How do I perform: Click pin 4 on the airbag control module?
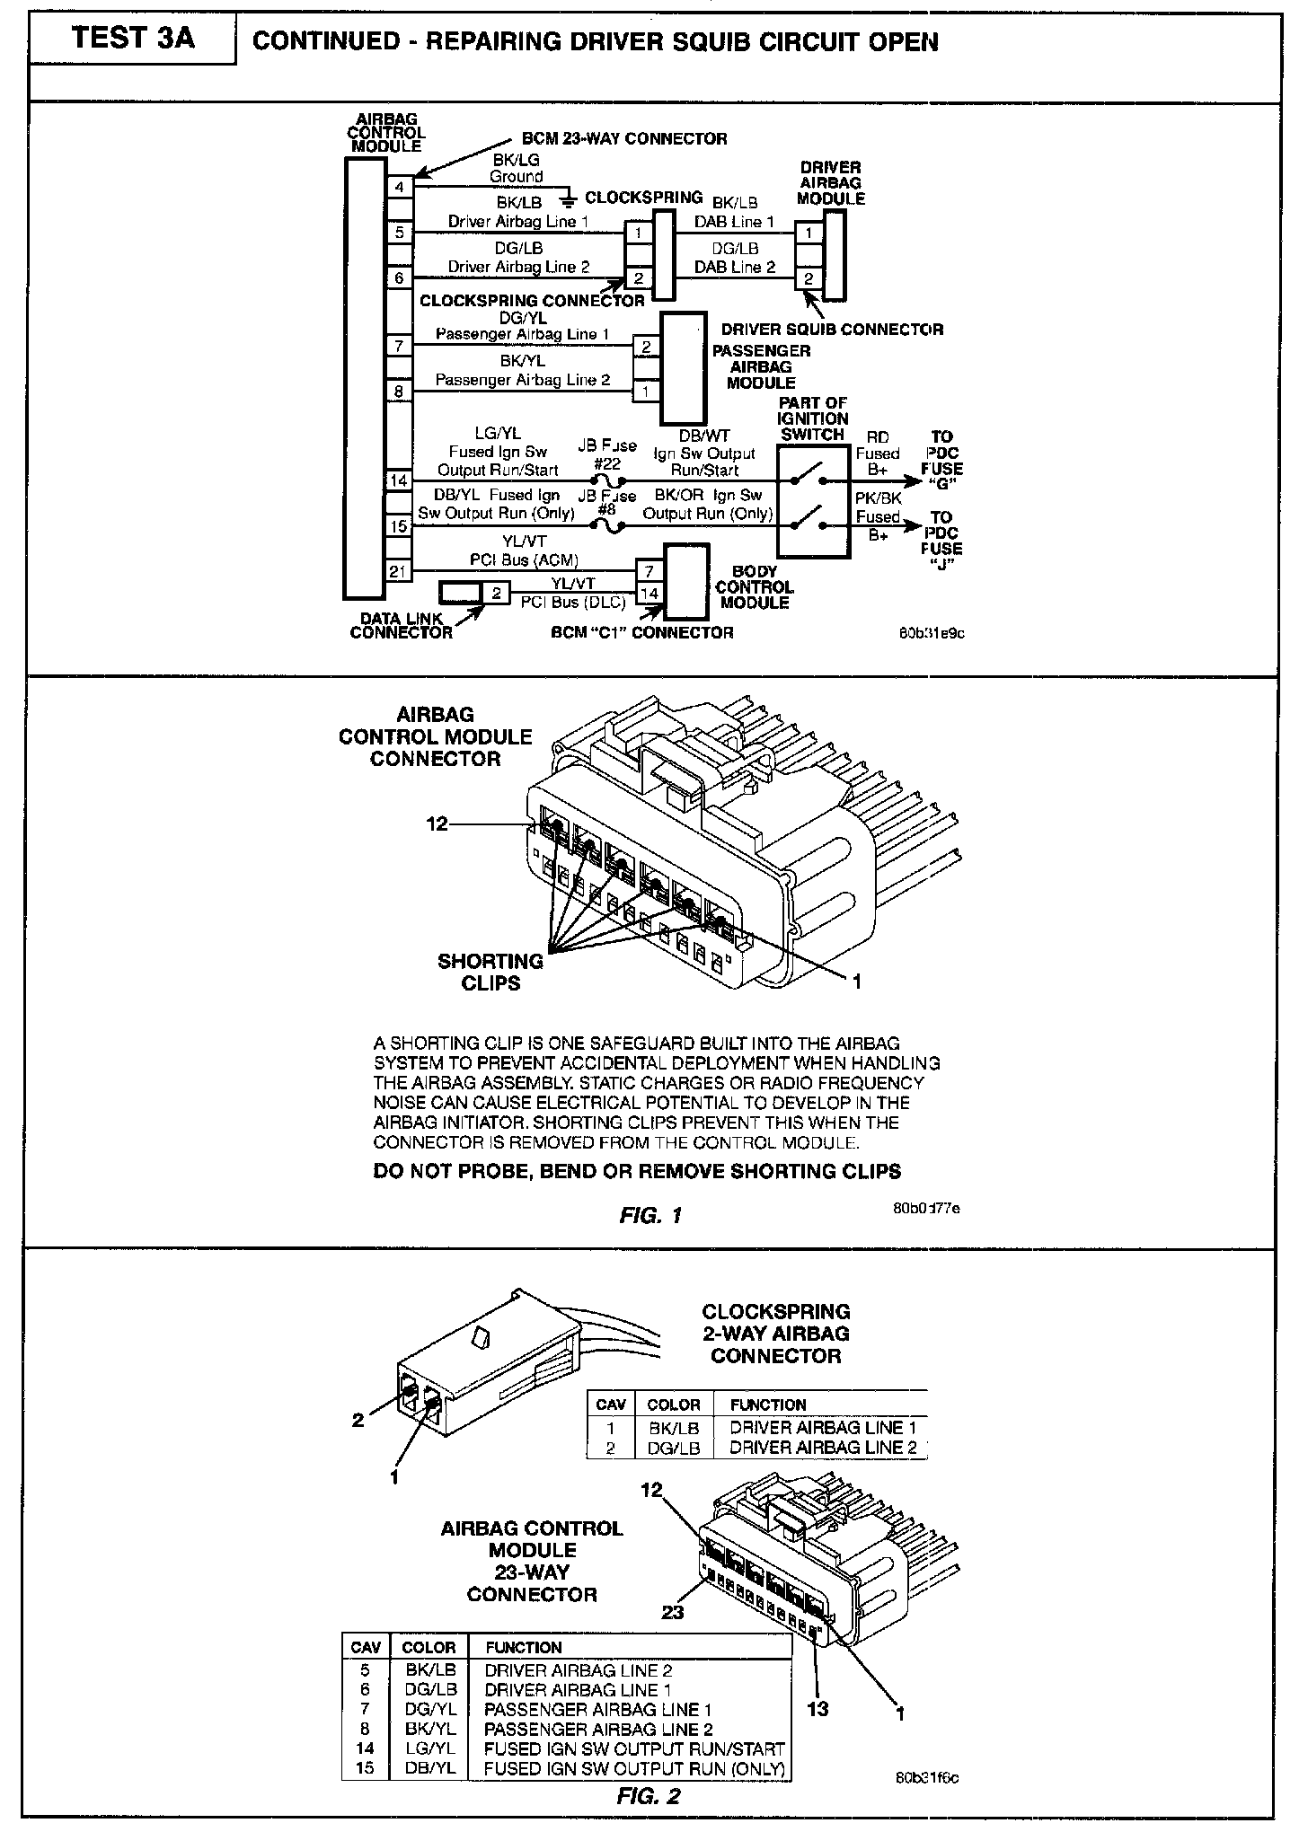click(400, 187)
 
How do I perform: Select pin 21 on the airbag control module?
click(399, 570)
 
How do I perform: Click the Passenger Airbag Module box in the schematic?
click(684, 368)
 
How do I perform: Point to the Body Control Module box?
click(685, 581)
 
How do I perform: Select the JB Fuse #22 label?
click(607, 454)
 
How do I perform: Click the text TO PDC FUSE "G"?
click(941, 460)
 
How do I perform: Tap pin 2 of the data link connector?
click(495, 593)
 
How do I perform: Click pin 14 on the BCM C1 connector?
click(649, 593)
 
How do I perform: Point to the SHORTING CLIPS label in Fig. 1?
click(490, 972)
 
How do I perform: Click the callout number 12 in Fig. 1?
click(437, 823)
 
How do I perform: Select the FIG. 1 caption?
click(650, 1215)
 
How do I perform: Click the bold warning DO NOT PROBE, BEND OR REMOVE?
click(636, 1171)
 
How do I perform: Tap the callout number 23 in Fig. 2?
click(672, 1612)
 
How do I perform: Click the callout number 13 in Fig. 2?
click(817, 1709)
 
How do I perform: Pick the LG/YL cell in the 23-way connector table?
click(429, 1748)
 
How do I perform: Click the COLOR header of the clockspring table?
click(673, 1405)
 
